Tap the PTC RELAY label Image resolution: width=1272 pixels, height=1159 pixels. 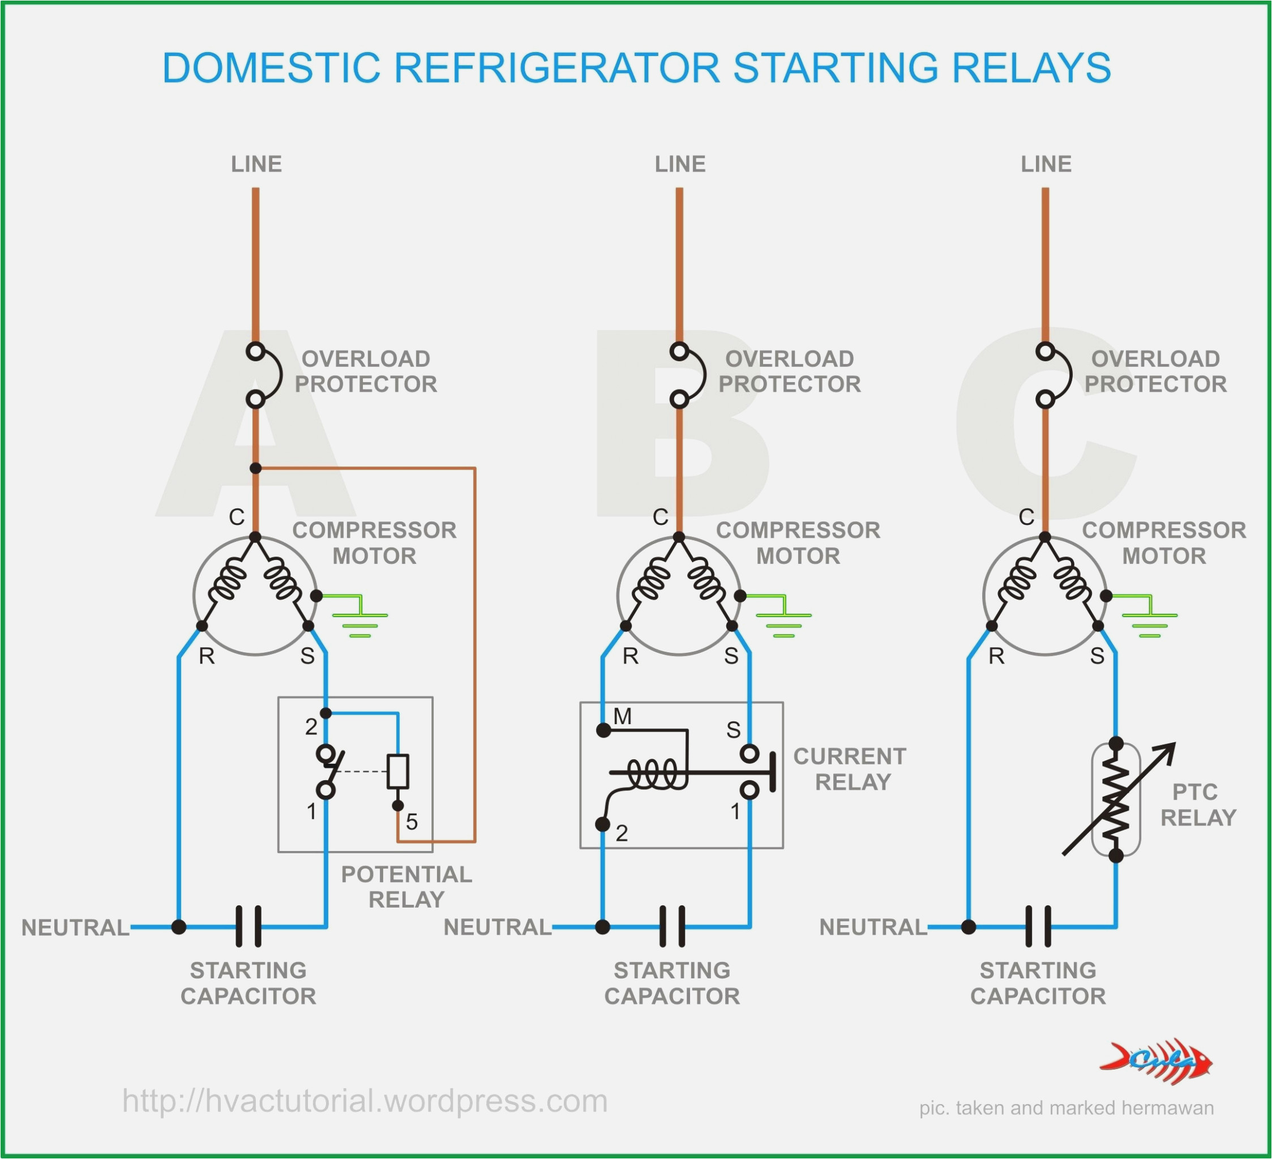click(x=1197, y=805)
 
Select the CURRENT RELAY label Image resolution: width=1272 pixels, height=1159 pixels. click(x=850, y=768)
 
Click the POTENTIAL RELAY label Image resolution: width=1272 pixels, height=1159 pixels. click(x=406, y=887)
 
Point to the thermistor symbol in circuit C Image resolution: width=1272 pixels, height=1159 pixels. click(x=1116, y=799)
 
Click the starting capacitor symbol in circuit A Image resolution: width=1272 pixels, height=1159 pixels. click(x=249, y=926)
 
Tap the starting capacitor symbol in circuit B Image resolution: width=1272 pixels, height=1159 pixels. click(x=672, y=926)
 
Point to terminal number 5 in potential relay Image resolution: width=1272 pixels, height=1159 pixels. click(x=412, y=822)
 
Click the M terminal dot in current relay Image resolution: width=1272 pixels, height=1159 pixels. click(x=603, y=730)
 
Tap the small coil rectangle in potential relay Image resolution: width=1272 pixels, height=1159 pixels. click(x=397, y=771)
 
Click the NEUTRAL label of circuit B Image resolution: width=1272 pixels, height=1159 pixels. click(x=497, y=927)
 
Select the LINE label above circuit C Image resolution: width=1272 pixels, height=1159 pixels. click(x=1046, y=164)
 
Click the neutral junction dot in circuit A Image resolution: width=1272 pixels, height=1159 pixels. click(x=179, y=927)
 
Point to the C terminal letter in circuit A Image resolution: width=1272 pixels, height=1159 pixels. click(x=237, y=517)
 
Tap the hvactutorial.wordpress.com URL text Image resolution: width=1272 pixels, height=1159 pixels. click(x=365, y=1101)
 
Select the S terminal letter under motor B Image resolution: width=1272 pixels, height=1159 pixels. click(x=731, y=656)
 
